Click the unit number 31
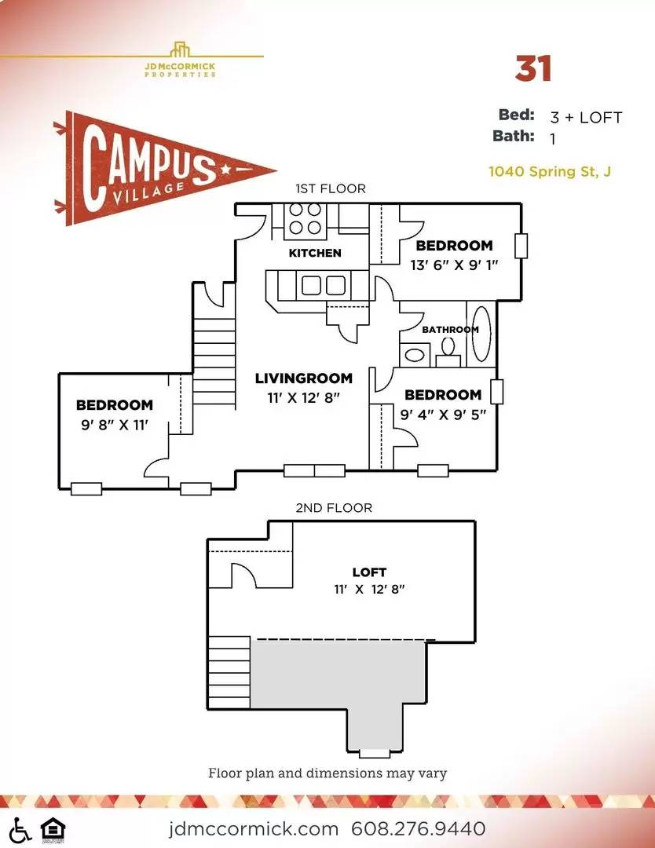click(532, 68)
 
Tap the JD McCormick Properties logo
click(180, 60)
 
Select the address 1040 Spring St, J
click(550, 171)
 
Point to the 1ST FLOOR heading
click(331, 188)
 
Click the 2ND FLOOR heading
click(334, 508)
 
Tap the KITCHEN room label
click(315, 253)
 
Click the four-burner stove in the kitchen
click(305, 220)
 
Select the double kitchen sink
click(324, 284)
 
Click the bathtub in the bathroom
click(481, 333)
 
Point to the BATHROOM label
click(450, 329)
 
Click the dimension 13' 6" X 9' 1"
click(454, 265)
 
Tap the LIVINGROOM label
click(303, 378)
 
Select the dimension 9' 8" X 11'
click(114, 425)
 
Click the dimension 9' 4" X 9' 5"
click(443, 415)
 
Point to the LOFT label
click(369, 572)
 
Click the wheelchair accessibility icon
click(20, 830)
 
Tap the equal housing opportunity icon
click(53, 830)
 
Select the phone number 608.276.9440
click(418, 828)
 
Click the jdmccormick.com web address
click(253, 828)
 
